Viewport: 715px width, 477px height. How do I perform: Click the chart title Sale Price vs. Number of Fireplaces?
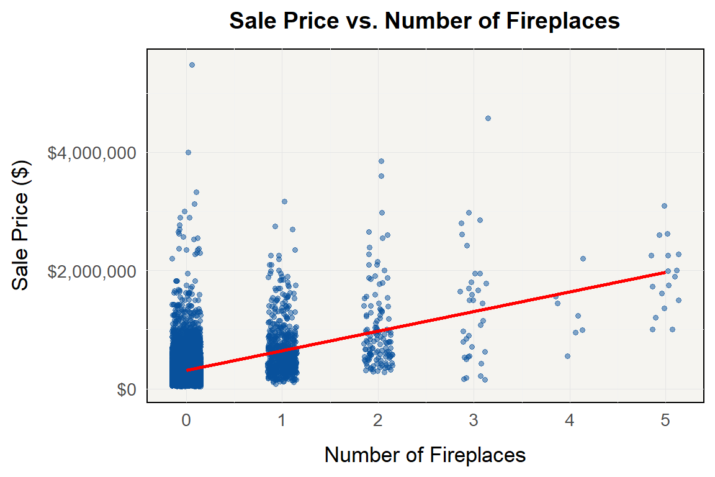click(425, 21)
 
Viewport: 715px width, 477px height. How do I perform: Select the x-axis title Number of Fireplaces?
click(425, 455)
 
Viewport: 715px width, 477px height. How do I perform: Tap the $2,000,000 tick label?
click(92, 271)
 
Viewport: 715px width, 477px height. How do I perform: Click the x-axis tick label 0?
click(186, 420)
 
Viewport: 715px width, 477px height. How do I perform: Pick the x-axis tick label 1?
click(282, 420)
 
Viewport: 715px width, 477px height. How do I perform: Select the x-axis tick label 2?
click(377, 420)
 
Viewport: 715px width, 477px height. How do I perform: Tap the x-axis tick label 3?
click(474, 420)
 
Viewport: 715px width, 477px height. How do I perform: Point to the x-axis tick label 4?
click(569, 420)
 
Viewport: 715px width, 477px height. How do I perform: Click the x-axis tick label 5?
click(665, 420)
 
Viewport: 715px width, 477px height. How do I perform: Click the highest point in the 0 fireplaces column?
click(192, 65)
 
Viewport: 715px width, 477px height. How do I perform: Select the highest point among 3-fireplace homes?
click(488, 118)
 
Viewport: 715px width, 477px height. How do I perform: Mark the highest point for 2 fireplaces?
click(381, 161)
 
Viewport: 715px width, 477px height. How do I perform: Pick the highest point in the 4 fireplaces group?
click(583, 258)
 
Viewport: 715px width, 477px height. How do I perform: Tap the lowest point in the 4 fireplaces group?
click(567, 356)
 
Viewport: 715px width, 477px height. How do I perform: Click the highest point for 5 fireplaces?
click(664, 206)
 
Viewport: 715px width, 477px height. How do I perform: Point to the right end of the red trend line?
click(665, 272)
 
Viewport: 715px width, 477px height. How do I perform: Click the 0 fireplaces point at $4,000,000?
click(188, 152)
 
